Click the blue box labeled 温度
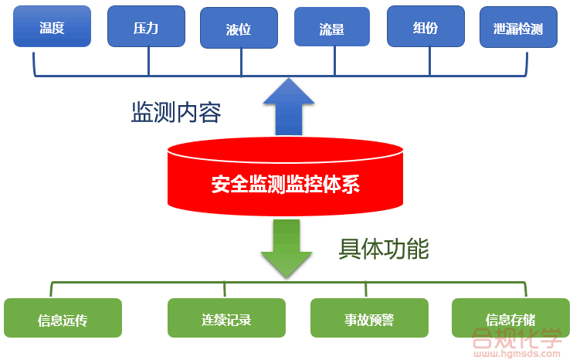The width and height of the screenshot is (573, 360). [52, 28]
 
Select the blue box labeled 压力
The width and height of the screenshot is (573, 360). [146, 27]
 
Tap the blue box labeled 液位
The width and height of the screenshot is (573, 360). [239, 29]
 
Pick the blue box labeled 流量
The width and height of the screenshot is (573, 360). [333, 28]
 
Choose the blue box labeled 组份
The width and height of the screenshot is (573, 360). [426, 27]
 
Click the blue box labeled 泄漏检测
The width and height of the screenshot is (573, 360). [518, 29]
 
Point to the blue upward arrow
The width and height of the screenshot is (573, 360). [288, 107]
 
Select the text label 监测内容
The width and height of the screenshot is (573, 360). [176, 114]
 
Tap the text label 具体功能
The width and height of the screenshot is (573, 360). [384, 249]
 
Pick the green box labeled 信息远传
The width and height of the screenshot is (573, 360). [63, 318]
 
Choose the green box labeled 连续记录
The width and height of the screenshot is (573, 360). [226, 318]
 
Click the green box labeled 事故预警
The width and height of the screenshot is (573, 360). [369, 318]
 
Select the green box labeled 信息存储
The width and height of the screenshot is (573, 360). [510, 318]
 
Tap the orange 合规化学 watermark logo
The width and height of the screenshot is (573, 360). [517, 337]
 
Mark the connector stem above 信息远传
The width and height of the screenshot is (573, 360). [52, 290]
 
